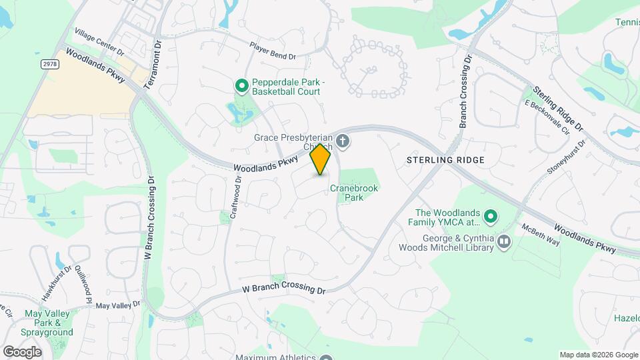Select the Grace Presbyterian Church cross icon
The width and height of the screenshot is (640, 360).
tap(343, 140)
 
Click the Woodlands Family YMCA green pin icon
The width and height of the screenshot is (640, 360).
tap(491, 216)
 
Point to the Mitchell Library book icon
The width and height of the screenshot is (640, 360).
tap(504, 241)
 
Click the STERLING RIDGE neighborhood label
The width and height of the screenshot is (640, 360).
tap(445, 160)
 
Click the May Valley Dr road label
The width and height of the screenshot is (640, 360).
tap(118, 305)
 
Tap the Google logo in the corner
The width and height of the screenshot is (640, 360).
tap(22, 351)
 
